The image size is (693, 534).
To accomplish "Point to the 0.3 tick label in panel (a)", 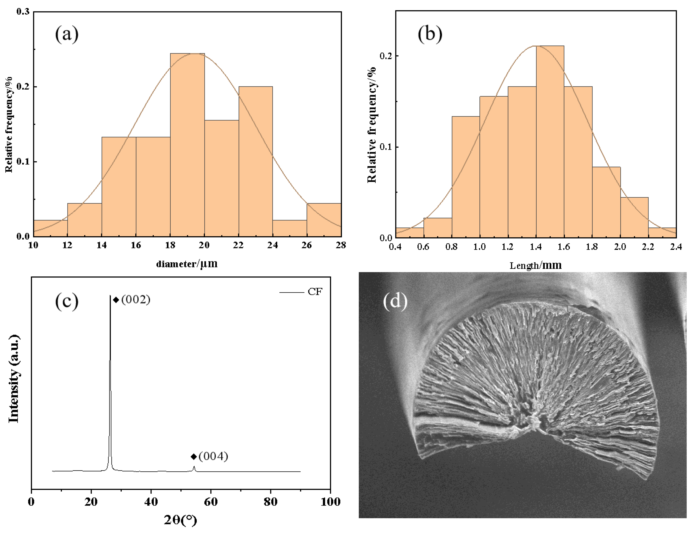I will click(23, 12).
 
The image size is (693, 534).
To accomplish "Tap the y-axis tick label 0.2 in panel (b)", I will click(386, 56).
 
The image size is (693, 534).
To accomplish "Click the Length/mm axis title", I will click(536, 265).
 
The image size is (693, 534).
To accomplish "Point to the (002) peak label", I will click(135, 299).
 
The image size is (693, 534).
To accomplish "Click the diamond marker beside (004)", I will click(194, 457).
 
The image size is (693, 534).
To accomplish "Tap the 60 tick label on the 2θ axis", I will click(211, 502).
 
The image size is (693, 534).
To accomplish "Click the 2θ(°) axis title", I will click(180, 520).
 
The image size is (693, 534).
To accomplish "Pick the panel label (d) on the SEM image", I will click(395, 301).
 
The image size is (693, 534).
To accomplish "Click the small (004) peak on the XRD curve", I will click(194, 468).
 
